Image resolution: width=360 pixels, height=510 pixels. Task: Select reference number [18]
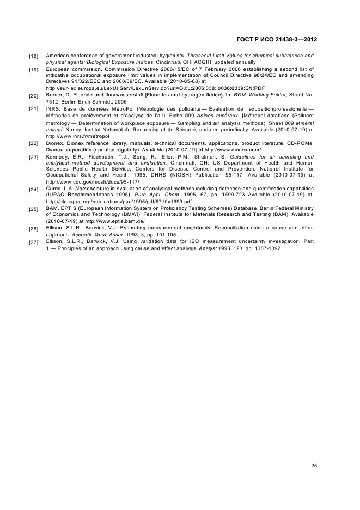click(x=33, y=56)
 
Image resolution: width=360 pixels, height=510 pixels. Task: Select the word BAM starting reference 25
click(x=52, y=208)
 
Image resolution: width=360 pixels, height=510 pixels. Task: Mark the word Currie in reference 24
click(x=55, y=187)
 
